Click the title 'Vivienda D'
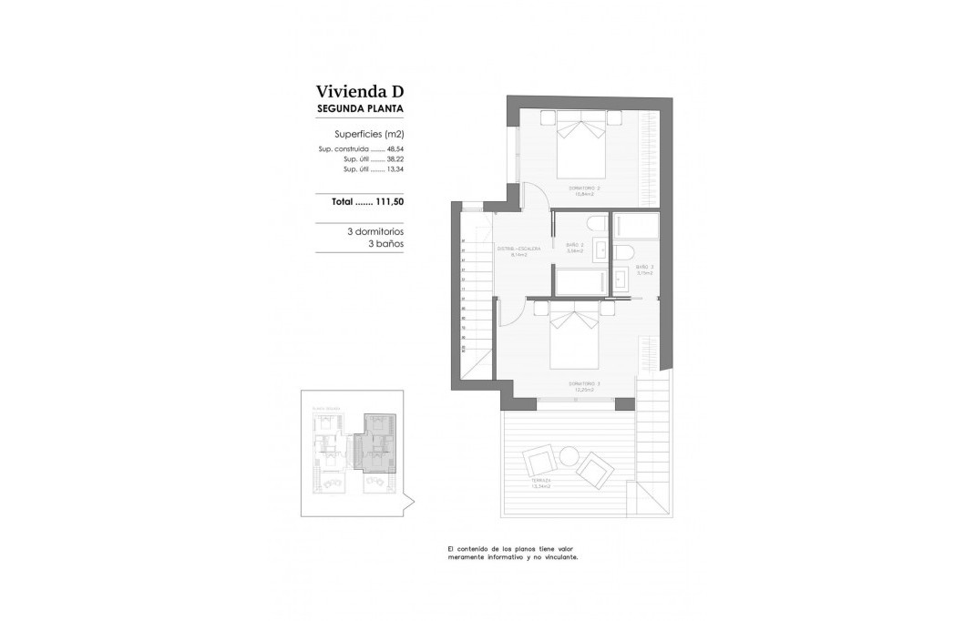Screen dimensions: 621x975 pyautogui.click(x=359, y=91)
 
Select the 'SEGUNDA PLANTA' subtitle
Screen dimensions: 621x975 pyautogui.click(x=359, y=108)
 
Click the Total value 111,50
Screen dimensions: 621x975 pyautogui.click(x=387, y=202)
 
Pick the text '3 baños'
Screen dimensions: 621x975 pyautogui.click(x=385, y=244)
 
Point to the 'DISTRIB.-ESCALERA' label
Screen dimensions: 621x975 pyautogui.click(x=518, y=249)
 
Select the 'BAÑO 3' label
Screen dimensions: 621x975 pyautogui.click(x=644, y=268)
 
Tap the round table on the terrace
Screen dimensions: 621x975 pyautogui.click(x=570, y=455)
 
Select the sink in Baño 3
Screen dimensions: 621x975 pyautogui.click(x=620, y=280)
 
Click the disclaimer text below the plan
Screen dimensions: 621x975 pyautogui.click(x=512, y=554)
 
